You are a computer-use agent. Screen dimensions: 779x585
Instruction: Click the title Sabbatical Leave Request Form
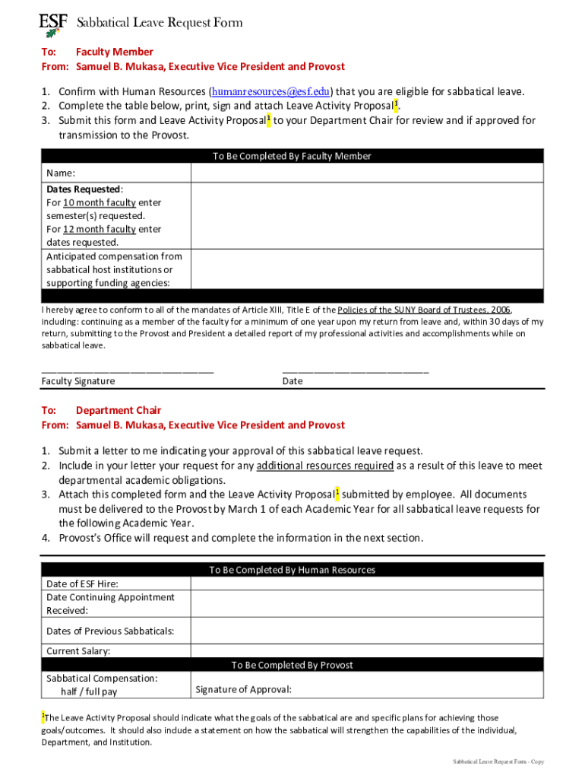pyautogui.click(x=160, y=23)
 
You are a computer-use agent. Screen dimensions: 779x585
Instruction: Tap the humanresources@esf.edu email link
pyautogui.click(x=271, y=92)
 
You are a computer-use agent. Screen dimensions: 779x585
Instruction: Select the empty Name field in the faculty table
pyautogui.click(x=366, y=173)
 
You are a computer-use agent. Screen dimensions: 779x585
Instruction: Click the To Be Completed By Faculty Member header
pyautogui.click(x=292, y=156)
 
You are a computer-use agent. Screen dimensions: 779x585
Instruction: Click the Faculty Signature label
pyautogui.click(x=78, y=381)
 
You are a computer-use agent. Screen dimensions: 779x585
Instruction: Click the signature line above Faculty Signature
pyautogui.click(x=127, y=370)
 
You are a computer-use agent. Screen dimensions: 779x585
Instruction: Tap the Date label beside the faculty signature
pyautogui.click(x=292, y=381)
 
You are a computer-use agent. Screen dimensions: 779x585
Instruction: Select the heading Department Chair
pyautogui.click(x=119, y=411)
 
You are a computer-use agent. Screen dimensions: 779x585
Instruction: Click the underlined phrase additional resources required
pyautogui.click(x=325, y=466)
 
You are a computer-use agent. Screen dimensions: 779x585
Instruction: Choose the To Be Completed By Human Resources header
pyautogui.click(x=292, y=570)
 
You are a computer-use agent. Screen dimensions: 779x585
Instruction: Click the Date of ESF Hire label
pyautogui.click(x=82, y=584)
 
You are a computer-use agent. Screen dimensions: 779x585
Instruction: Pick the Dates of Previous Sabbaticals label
pyautogui.click(x=110, y=631)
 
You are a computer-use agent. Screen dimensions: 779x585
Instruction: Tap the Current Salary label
pyautogui.click(x=78, y=651)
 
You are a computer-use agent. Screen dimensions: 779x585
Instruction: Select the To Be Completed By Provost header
pyautogui.click(x=292, y=665)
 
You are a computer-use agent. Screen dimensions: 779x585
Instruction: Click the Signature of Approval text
pyautogui.click(x=243, y=690)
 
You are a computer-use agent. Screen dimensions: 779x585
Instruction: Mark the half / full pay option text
pyautogui.click(x=89, y=692)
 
